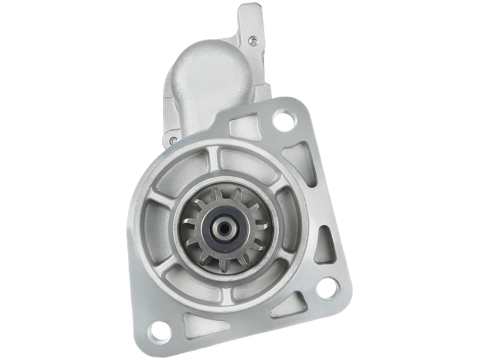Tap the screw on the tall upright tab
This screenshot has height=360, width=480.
tap(253, 41)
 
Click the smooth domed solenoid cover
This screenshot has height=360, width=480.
tap(213, 84)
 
